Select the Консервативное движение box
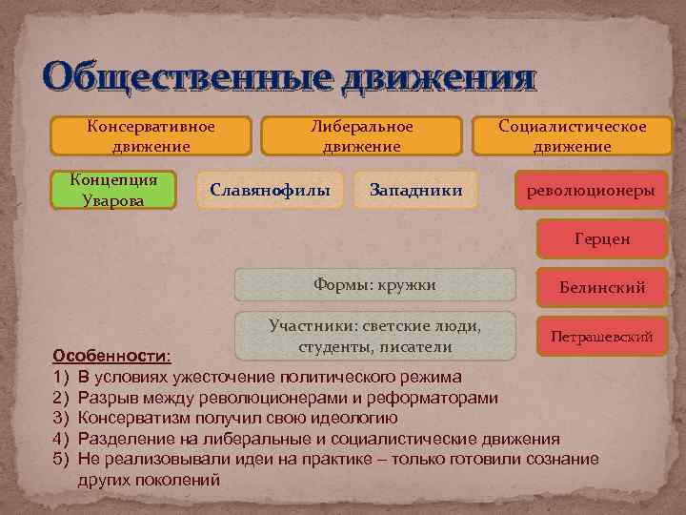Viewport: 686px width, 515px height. pos(151,135)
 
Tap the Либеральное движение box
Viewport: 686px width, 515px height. pos(361,135)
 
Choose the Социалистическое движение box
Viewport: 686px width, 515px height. pos(573,135)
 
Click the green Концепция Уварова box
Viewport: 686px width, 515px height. pos(114,189)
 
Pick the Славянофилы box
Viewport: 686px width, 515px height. pos(270,191)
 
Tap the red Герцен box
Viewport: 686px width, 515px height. pos(601,239)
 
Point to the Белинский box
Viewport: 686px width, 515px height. pos(601,287)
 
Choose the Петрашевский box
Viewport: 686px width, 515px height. pos(601,336)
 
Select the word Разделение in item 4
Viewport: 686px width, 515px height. pos(125,439)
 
